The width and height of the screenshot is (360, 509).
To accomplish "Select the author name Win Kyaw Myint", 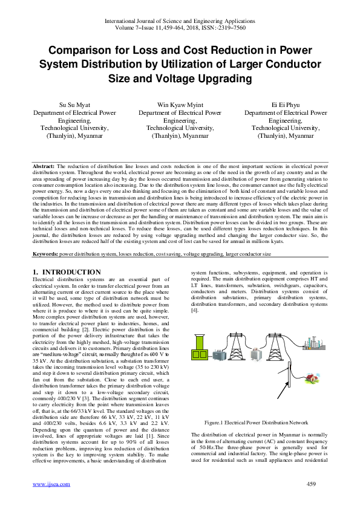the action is [x=180, y=105].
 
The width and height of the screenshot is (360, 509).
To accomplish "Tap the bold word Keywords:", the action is [x=45, y=255].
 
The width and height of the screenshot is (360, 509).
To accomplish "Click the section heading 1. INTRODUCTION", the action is [x=67, y=273].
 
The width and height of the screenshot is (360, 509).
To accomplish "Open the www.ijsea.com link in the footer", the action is [x=51, y=484].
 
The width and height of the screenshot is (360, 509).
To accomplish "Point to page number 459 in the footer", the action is [x=312, y=484].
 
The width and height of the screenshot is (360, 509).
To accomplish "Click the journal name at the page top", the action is [x=180, y=21].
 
